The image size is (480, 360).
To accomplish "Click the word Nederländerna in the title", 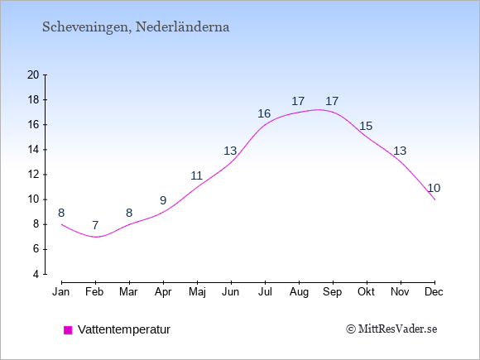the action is pos(182,26).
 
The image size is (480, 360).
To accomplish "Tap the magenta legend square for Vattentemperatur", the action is pos(68,330).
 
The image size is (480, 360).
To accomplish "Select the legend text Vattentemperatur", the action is pos(124,329).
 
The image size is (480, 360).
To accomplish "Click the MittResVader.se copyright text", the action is pos(391,329).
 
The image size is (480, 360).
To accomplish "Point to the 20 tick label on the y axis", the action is pos(33,74).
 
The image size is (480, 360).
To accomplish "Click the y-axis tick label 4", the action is pos(36,274).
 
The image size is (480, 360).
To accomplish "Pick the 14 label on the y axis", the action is pos(33,150).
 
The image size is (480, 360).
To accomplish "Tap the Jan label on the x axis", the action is pos(61,292).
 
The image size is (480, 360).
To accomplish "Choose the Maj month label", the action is pos(197,292).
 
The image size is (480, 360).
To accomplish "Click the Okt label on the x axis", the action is pos(366,292).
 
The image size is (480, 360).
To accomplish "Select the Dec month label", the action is pos(434,292).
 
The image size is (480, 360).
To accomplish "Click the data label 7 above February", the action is pos(95,225).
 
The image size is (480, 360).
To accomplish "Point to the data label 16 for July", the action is pos(264,114).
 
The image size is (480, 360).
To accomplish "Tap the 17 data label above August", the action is pos(298,101).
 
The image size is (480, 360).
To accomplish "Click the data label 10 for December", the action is pos(434,188).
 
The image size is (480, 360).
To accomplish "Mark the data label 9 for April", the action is pos(163,200).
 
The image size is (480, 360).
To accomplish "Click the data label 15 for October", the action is pos(366,126).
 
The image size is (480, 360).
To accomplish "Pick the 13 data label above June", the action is pos(230,151).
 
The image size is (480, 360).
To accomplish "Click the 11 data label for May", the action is pos(196,175).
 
